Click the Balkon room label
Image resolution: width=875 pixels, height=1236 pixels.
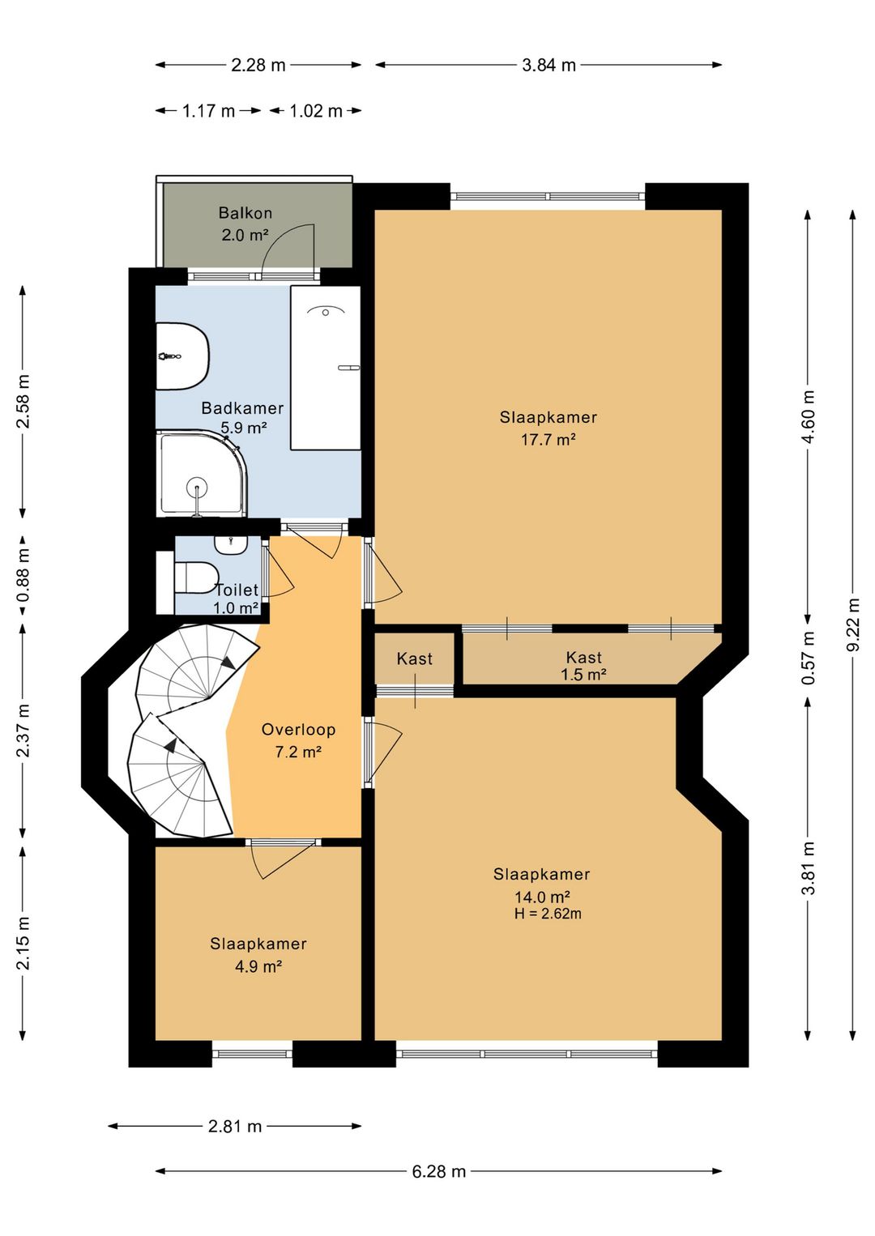[245, 212]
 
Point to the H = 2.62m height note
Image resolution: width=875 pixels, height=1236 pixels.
[548, 913]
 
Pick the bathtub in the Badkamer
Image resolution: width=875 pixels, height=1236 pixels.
[326, 368]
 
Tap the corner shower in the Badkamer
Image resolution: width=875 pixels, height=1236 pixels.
[202, 475]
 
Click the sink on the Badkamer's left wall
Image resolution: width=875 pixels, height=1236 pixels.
[182, 356]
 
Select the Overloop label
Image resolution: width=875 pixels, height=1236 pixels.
[298, 730]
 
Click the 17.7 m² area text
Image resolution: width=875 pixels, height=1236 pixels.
[548, 440]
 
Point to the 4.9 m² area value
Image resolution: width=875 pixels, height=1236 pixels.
[258, 966]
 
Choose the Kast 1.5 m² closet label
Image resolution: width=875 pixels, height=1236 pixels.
[584, 666]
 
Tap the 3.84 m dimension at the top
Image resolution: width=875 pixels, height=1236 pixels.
[548, 66]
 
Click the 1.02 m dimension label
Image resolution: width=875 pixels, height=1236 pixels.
[316, 112]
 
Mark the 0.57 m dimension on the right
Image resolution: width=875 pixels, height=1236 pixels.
[809, 657]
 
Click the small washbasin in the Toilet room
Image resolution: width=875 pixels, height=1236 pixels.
[230, 545]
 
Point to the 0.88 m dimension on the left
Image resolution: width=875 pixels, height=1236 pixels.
[23, 575]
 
